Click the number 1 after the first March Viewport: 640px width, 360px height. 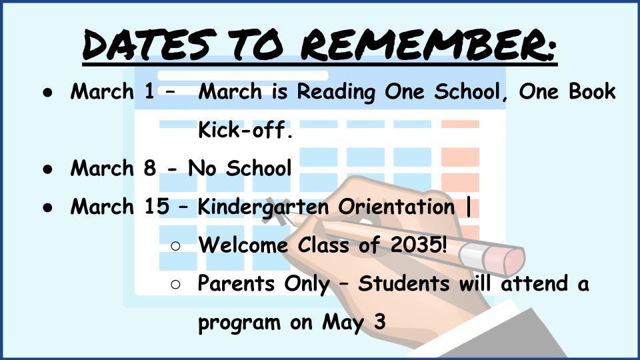(x=149, y=91)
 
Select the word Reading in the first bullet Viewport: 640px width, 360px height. (x=335, y=92)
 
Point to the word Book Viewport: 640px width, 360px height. (x=592, y=91)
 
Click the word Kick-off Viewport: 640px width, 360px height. (x=245, y=129)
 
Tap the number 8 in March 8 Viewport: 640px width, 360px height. (x=150, y=168)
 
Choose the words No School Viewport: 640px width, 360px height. (x=239, y=168)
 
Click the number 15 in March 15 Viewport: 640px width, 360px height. (x=157, y=206)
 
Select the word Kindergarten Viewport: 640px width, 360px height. (x=263, y=207)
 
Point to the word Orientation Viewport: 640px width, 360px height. (x=396, y=206)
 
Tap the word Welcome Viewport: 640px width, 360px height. (x=243, y=245)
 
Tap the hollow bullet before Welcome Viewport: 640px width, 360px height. (x=175, y=246)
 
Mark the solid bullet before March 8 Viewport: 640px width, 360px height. (x=48, y=169)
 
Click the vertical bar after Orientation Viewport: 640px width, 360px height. (x=468, y=207)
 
